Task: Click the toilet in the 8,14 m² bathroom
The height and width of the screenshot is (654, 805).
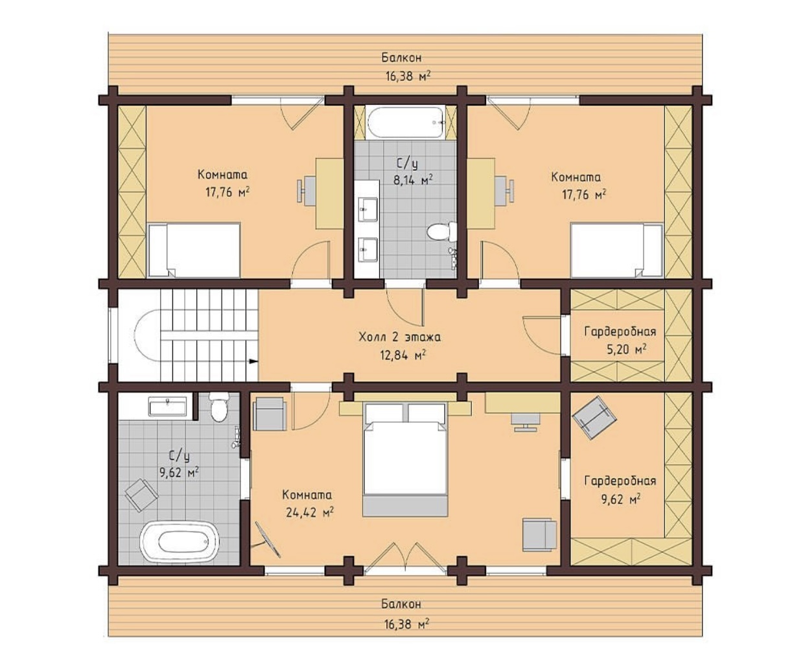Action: [442, 232]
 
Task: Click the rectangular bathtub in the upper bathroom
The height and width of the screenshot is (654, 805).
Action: [406, 122]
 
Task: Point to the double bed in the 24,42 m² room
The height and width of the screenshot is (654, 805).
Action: [405, 459]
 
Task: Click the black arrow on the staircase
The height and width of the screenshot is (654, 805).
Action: [253, 361]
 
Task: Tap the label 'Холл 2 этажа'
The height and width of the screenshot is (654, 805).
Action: [399, 337]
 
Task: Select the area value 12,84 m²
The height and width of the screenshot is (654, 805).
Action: [403, 355]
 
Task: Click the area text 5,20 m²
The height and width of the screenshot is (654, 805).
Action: [626, 349]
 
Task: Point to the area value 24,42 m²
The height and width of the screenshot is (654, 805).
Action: [310, 513]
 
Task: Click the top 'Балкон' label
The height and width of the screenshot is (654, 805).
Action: [401, 58]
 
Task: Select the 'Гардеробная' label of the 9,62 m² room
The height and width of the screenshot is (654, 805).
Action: [620, 480]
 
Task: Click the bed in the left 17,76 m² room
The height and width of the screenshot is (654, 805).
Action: [194, 250]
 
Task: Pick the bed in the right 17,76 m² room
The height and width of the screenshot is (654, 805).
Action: [616, 251]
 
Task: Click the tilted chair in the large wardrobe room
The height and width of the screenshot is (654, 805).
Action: [594, 418]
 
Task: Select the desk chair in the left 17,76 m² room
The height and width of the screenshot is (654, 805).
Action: [305, 190]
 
